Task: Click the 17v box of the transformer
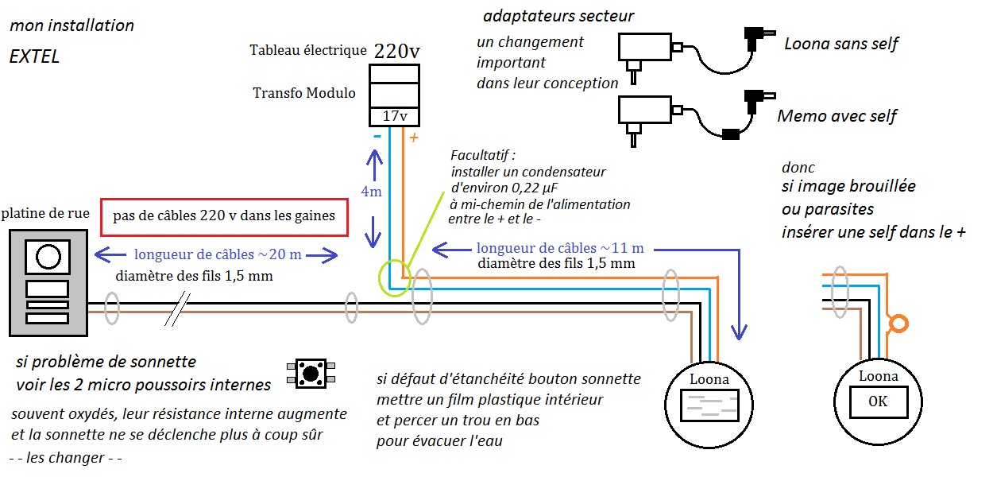(x=395, y=116)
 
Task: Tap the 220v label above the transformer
(x=397, y=52)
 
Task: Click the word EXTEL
(x=34, y=57)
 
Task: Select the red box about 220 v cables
(x=225, y=215)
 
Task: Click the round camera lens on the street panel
(x=48, y=257)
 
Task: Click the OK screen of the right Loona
(x=878, y=401)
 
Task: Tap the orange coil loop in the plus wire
(x=898, y=324)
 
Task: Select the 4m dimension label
(x=370, y=192)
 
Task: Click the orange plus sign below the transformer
(x=413, y=138)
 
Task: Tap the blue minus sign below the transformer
(x=377, y=137)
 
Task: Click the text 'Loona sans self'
(x=840, y=43)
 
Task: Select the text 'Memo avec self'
(x=837, y=116)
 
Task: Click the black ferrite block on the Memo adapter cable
(x=731, y=134)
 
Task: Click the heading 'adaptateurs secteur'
(x=558, y=16)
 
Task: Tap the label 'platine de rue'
(x=45, y=213)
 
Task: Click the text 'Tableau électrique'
(x=307, y=50)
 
